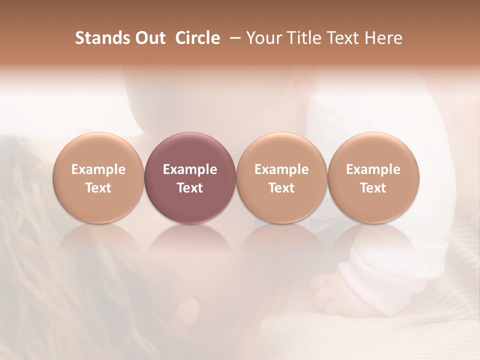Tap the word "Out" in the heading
pos(149,38)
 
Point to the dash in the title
pos(233,38)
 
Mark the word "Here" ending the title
pos(385,38)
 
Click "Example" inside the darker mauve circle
pos(190,169)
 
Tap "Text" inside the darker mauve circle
pos(190,188)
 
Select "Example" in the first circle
pos(98,169)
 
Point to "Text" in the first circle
pos(98,188)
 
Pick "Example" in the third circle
pos(281,169)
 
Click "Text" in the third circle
pos(281,188)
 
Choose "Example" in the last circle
pos(373,169)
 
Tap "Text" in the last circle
pos(373,188)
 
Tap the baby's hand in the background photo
pos(325,287)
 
